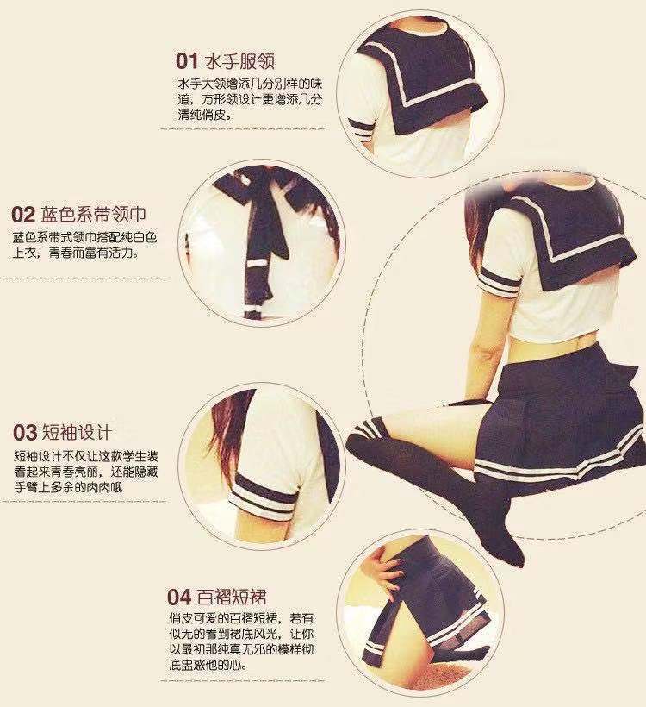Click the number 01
(187, 61)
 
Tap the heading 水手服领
(239, 61)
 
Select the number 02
(23, 215)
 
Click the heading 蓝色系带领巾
(93, 214)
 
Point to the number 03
(25, 433)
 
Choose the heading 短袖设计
(77, 433)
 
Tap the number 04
(179, 598)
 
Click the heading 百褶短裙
(232, 598)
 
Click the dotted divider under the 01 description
(242, 128)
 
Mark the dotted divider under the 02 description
(84, 278)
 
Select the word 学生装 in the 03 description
(140, 456)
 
